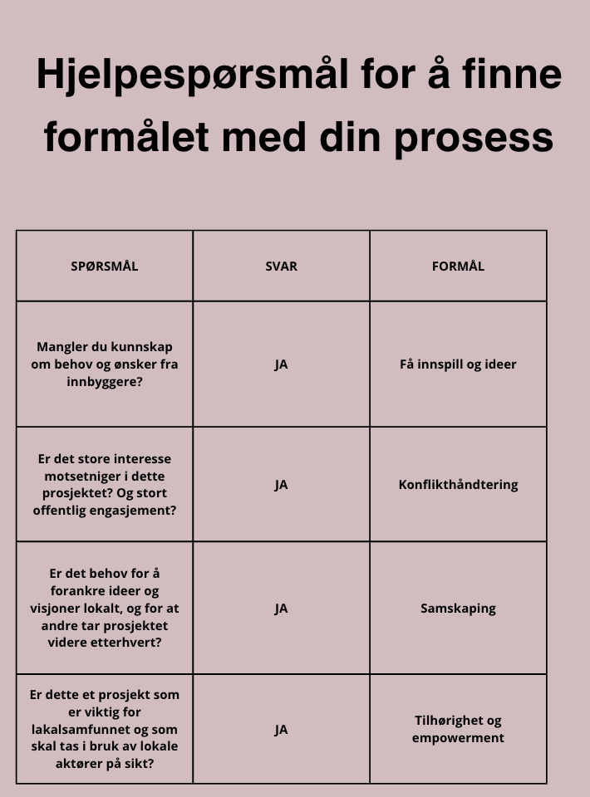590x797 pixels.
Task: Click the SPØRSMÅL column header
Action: pyautogui.click(x=105, y=266)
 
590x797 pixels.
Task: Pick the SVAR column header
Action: pyautogui.click(x=281, y=266)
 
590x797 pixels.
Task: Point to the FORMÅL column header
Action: pyautogui.click(x=458, y=266)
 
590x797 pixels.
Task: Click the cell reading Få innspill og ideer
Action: pyautogui.click(x=458, y=364)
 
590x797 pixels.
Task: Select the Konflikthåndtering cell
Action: pyautogui.click(x=458, y=484)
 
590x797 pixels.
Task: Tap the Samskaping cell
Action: pyautogui.click(x=458, y=608)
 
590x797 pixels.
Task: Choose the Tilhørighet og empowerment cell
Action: pyautogui.click(x=458, y=729)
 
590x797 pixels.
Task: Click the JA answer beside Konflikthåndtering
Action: pyautogui.click(x=281, y=484)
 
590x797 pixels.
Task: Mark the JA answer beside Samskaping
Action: pyautogui.click(x=281, y=608)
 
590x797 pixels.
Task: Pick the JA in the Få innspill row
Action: pyautogui.click(x=281, y=364)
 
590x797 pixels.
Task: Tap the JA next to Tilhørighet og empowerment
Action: pyautogui.click(x=281, y=729)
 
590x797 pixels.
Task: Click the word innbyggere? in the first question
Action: pyautogui.click(x=105, y=381)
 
